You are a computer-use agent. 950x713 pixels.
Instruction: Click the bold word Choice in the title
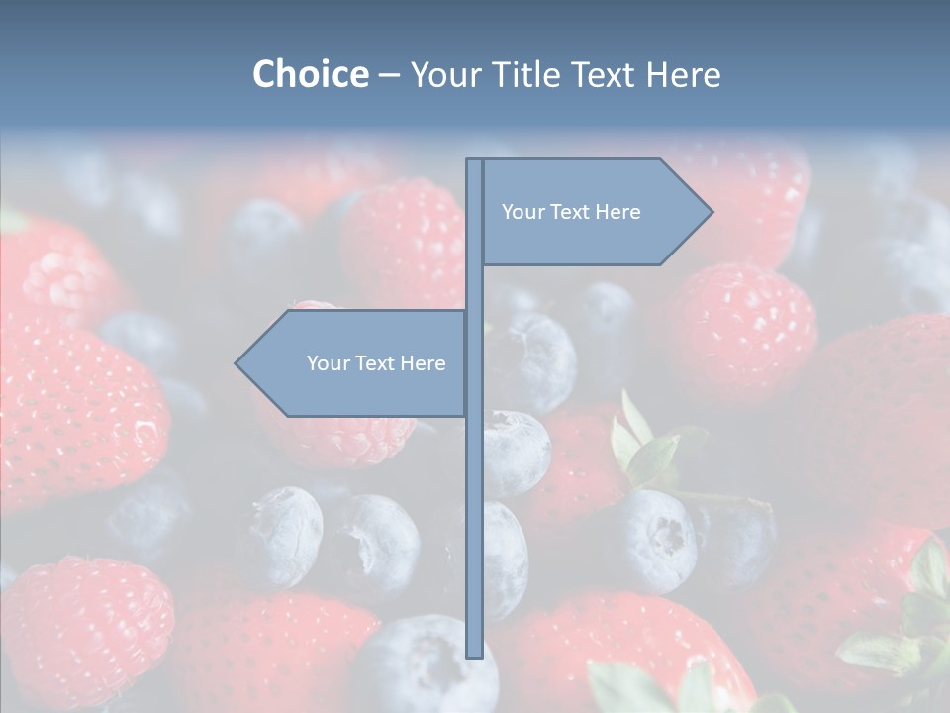pyautogui.click(x=310, y=74)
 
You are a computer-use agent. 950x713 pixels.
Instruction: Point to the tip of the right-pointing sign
pyautogui.click(x=711, y=211)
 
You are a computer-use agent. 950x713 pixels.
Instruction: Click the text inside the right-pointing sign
pyautogui.click(x=571, y=212)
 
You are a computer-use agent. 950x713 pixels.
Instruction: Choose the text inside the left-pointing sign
pyautogui.click(x=376, y=363)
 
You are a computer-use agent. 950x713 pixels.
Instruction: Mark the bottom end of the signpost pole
pyautogui.click(x=474, y=654)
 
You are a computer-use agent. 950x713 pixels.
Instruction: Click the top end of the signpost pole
pyautogui.click(x=474, y=161)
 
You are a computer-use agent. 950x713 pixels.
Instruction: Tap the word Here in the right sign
pyautogui.click(x=617, y=212)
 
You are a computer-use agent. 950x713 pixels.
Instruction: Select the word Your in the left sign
pyautogui.click(x=328, y=363)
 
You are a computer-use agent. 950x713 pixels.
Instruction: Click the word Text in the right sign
pyautogui.click(x=569, y=212)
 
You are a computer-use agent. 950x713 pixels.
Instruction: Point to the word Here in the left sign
pyautogui.click(x=423, y=363)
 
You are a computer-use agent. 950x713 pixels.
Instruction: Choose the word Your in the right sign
pyautogui.click(x=522, y=212)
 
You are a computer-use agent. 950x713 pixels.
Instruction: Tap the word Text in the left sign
pyautogui.click(x=374, y=363)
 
